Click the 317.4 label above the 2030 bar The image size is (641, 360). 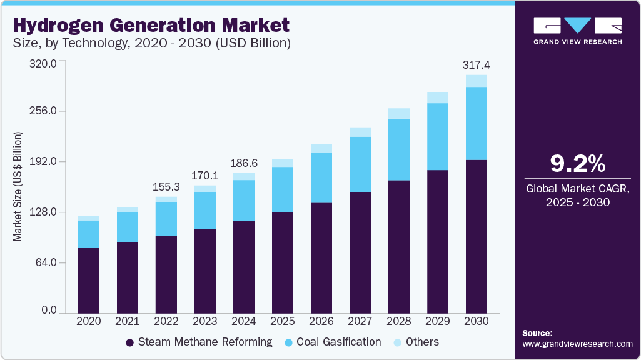pyautogui.click(x=476, y=64)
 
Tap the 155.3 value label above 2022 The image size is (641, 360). pyautogui.click(x=166, y=186)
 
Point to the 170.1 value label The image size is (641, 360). pyautogui.click(x=204, y=175)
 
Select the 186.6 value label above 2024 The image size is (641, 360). pyautogui.click(x=243, y=162)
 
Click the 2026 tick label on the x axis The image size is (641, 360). pyautogui.click(x=321, y=321)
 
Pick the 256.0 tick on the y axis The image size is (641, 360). pyautogui.click(x=44, y=111)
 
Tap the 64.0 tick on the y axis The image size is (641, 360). pyautogui.click(x=47, y=262)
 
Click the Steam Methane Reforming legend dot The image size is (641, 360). pyautogui.click(x=130, y=342)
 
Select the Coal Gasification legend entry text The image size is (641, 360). pyautogui.click(x=338, y=342)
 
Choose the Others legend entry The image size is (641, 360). pyautogui.click(x=422, y=342)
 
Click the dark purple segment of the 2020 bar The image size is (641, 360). pyautogui.click(x=88, y=280)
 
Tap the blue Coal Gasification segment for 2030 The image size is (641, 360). pyautogui.click(x=476, y=123)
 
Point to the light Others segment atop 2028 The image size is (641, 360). pyautogui.click(x=398, y=114)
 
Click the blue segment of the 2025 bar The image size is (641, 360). pyautogui.click(x=282, y=189)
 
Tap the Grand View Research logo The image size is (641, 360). pyautogui.click(x=577, y=31)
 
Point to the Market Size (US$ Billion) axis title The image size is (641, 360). pyautogui.click(x=18, y=187)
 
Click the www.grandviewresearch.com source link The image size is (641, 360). pyautogui.click(x=577, y=344)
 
